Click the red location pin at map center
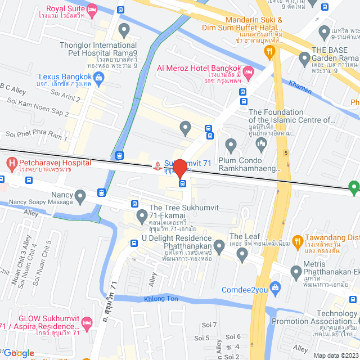[x=179, y=168]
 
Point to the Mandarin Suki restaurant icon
[x=269, y=52]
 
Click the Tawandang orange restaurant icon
[x=296, y=238]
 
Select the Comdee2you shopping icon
[x=276, y=289]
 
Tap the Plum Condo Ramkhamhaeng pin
[x=230, y=144]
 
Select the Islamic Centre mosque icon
[x=260, y=144]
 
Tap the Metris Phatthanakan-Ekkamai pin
[x=296, y=273]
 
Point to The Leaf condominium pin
[x=242, y=254]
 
